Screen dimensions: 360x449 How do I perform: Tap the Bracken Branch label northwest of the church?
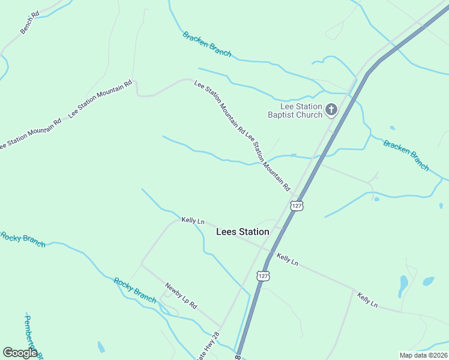point(207,44)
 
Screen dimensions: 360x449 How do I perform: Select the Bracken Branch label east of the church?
point(406,155)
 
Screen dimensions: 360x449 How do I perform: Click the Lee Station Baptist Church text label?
point(295,110)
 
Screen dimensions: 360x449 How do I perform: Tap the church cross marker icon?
point(332,110)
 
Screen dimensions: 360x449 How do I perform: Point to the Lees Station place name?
point(243,231)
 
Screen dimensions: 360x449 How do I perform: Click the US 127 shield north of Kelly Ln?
point(297,205)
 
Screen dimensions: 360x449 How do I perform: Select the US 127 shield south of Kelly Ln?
point(262,275)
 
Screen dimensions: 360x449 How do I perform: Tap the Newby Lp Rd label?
point(181,295)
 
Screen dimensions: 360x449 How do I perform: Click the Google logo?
point(20,353)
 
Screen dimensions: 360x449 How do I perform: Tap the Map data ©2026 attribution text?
point(423,355)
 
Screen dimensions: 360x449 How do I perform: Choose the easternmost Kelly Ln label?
point(367,300)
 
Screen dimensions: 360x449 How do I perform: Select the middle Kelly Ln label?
point(288,259)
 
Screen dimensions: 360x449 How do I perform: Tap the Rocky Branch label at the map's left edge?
point(23,239)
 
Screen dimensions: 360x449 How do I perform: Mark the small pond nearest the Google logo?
point(101,347)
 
